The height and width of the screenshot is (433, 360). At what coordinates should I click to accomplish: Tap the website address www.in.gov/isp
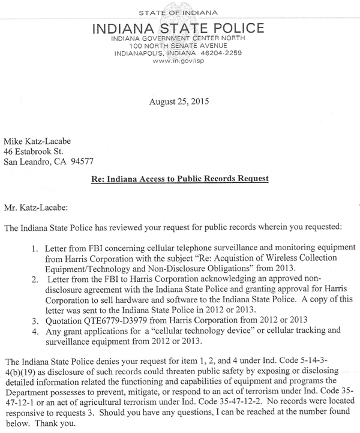179,61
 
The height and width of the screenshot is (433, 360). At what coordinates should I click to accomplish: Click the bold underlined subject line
179,179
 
